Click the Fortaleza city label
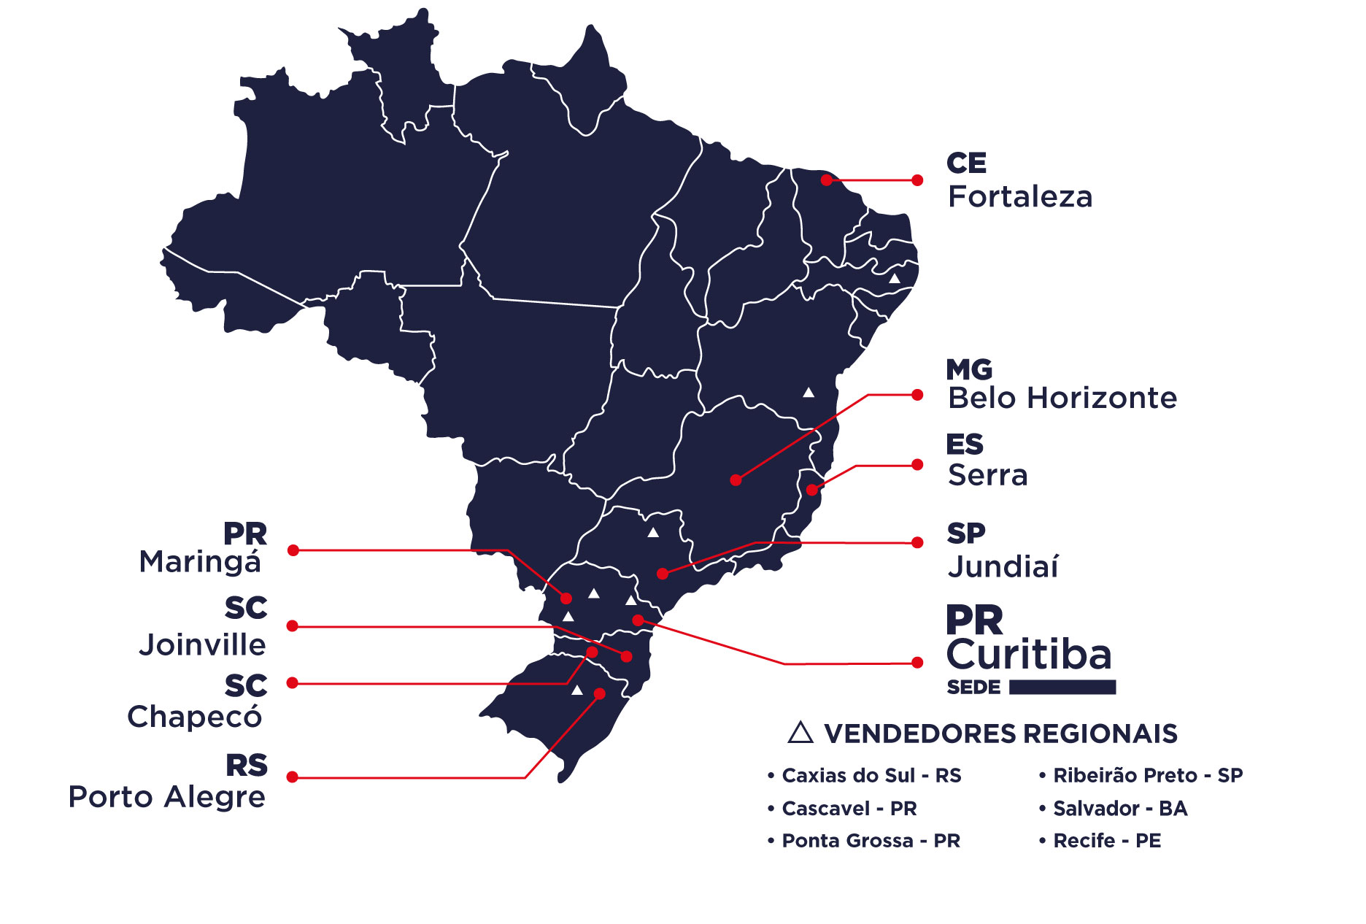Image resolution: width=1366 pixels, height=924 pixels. tap(1019, 197)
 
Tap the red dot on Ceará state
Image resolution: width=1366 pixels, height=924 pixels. tap(826, 180)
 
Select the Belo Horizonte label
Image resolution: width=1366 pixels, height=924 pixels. tap(1062, 399)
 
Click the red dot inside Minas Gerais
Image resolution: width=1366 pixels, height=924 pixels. tap(736, 480)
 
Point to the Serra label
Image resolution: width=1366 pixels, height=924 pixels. tap(987, 475)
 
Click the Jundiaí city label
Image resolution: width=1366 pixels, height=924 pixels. tap(1003, 566)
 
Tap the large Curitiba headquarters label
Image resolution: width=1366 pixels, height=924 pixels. tap(1028, 654)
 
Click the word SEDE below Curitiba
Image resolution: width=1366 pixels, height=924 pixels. tap(973, 688)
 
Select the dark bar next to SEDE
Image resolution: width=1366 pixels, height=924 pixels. tap(1062, 687)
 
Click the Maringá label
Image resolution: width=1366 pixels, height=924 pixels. tap(199, 562)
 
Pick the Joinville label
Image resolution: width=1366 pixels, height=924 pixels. tap(202, 645)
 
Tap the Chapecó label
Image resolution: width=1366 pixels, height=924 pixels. tap(194, 717)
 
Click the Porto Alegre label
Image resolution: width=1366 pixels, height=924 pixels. tap(166, 796)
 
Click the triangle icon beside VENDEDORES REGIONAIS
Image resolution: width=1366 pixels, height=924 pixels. tap(800, 733)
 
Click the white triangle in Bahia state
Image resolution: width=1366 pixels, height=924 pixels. tap(809, 393)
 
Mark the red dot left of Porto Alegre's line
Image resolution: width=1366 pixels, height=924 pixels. tap(292, 777)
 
